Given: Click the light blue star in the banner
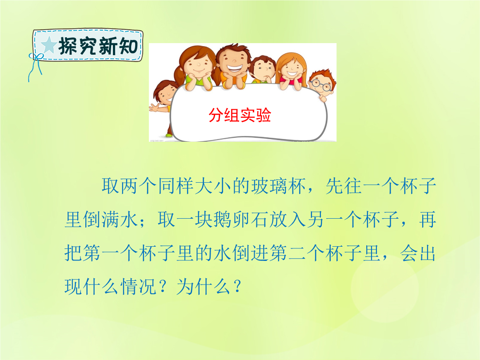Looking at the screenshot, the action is click(x=49, y=45).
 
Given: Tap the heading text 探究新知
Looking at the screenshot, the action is click(x=98, y=46).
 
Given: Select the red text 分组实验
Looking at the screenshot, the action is click(x=240, y=115).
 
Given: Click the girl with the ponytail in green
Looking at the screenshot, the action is click(x=196, y=68).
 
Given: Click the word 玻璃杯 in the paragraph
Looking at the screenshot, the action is click(x=279, y=186).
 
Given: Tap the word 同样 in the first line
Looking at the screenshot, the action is click(x=176, y=186).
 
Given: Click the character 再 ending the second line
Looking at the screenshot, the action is click(x=428, y=220).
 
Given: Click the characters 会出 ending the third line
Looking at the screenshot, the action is click(x=418, y=253).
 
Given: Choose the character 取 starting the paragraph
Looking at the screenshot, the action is click(x=111, y=186).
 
